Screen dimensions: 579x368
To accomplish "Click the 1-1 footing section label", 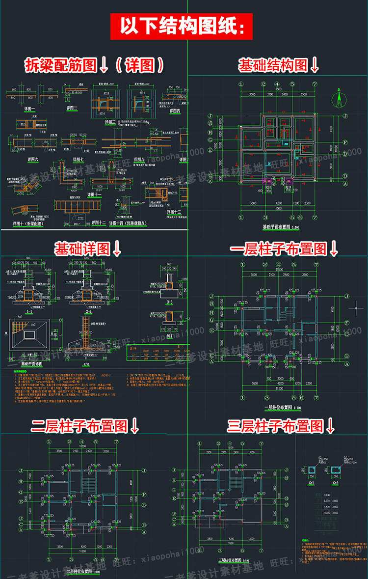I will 29,312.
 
